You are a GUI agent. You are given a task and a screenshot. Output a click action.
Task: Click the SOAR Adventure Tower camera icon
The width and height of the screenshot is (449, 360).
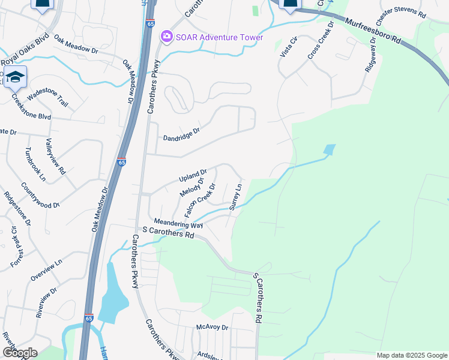[x=166, y=37]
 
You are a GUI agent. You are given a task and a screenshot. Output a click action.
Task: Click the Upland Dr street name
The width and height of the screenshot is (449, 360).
[x=192, y=176]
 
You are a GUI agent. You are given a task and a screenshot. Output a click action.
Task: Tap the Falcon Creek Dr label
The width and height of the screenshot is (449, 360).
[x=200, y=202]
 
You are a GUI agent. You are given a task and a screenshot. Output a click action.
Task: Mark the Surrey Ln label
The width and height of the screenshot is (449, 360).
[x=235, y=197]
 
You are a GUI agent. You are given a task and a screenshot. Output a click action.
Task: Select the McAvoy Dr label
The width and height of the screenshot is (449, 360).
[x=212, y=328]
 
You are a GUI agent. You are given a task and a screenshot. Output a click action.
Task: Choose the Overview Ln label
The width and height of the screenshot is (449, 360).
[x=46, y=270]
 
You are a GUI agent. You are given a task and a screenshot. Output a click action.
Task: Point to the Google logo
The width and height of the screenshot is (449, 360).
[x=19, y=353]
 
